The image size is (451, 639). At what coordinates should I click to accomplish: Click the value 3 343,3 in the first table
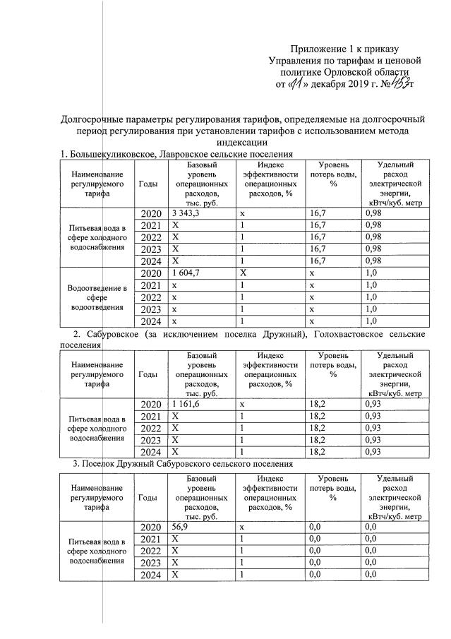186,213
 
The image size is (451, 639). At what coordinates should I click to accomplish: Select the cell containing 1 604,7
186,272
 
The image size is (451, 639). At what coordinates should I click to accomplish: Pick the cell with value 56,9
179,527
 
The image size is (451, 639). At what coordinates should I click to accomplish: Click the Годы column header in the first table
148,184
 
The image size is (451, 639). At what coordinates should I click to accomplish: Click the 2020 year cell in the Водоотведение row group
150,272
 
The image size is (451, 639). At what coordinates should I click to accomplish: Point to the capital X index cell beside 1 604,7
243,272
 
